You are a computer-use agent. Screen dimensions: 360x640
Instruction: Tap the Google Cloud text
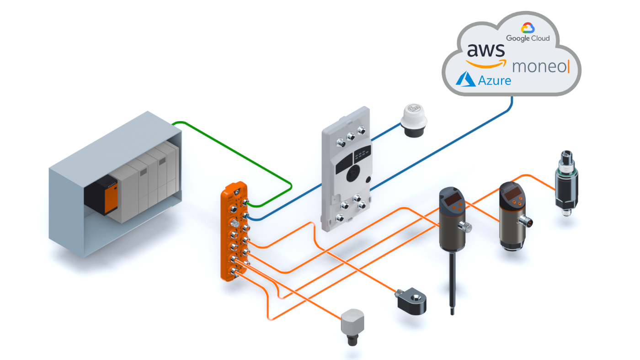528,38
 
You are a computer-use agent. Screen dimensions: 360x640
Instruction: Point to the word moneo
539,67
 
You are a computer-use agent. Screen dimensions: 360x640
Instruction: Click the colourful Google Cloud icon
528,27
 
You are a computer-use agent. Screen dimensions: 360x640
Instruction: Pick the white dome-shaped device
414,119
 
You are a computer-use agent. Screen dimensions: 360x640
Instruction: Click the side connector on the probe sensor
465,226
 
